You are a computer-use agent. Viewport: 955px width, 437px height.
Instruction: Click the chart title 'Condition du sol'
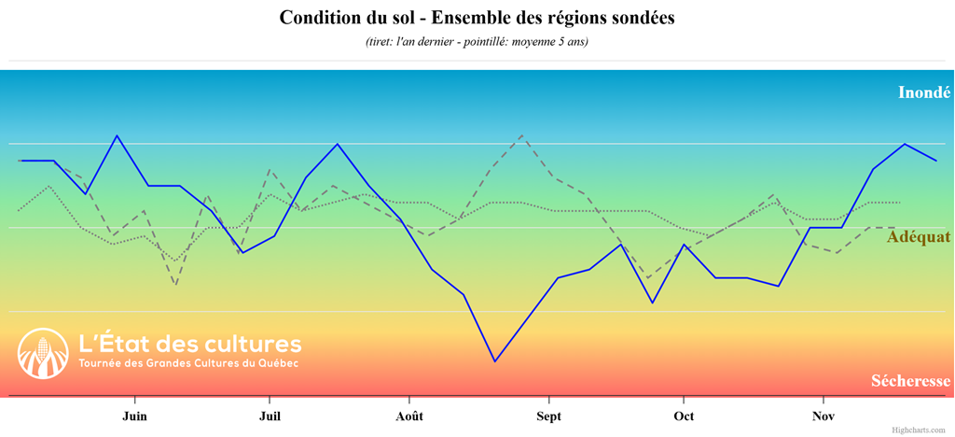pos(477,18)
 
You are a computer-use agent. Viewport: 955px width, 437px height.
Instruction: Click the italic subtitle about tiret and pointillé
pos(477,42)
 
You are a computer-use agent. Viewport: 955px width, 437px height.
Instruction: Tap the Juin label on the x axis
pos(134,416)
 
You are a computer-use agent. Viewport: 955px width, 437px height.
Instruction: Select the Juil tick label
pos(270,416)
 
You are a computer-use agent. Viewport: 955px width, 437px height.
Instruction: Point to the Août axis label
pos(408,416)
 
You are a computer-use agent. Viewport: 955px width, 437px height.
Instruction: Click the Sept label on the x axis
pos(548,416)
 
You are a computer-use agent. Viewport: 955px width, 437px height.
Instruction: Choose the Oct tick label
pos(684,416)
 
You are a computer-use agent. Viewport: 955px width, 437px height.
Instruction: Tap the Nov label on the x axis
pos(823,416)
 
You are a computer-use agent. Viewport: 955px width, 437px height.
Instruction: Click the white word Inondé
pos(923,92)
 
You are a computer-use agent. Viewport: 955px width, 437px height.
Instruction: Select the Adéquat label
pos(918,237)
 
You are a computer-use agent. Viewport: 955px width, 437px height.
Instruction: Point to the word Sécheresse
pos(910,381)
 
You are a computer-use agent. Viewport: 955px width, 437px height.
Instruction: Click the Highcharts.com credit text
pos(918,430)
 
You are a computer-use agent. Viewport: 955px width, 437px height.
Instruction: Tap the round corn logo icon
pos(43,353)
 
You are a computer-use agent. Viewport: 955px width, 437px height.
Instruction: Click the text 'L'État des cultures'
pos(190,343)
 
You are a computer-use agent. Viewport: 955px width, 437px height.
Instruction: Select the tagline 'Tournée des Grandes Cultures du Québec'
pos(188,363)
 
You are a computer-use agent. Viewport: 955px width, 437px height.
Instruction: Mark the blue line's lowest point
pos(494,361)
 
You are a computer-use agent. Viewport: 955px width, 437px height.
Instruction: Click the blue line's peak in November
pos(905,144)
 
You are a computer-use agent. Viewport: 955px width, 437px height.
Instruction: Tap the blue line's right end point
pos(936,161)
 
